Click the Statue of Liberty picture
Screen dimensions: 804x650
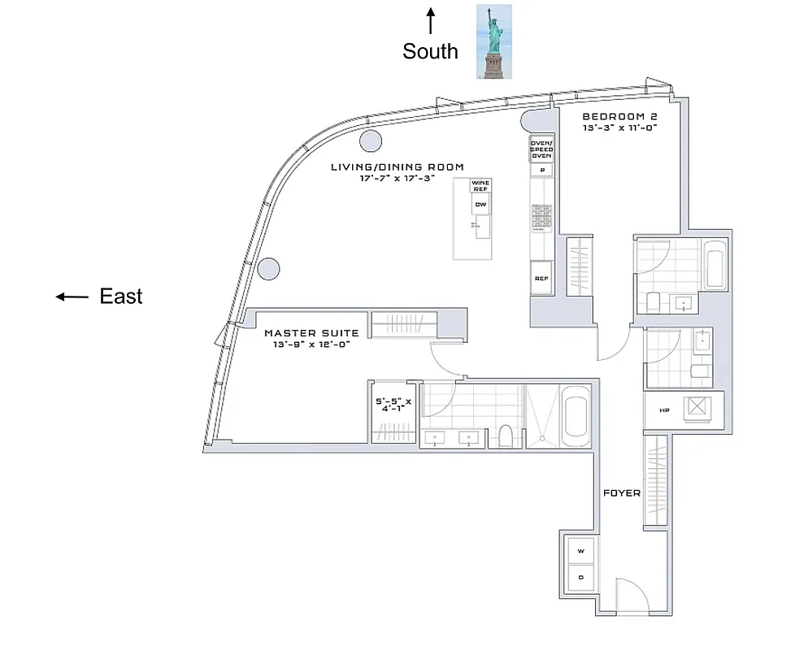[x=493, y=41]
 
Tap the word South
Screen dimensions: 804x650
[x=430, y=52]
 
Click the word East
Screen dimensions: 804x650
[x=121, y=297]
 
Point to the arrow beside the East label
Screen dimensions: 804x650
[x=72, y=297]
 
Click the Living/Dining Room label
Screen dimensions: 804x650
[x=397, y=167]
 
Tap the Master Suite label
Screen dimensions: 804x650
[x=311, y=333]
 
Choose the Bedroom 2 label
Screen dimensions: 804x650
[x=619, y=116]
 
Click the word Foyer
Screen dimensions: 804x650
[x=621, y=493]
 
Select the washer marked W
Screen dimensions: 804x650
[x=581, y=552]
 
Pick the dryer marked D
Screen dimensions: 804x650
[x=581, y=577]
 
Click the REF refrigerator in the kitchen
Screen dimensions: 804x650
[x=541, y=278]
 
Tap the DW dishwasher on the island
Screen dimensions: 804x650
[x=480, y=204]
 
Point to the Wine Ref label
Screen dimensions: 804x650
[x=480, y=185]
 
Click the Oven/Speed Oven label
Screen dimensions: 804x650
[x=541, y=149]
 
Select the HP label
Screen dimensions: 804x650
[x=663, y=409]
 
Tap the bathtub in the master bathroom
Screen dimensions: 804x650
[x=575, y=414]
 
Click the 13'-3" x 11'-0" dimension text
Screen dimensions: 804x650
[x=619, y=128]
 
